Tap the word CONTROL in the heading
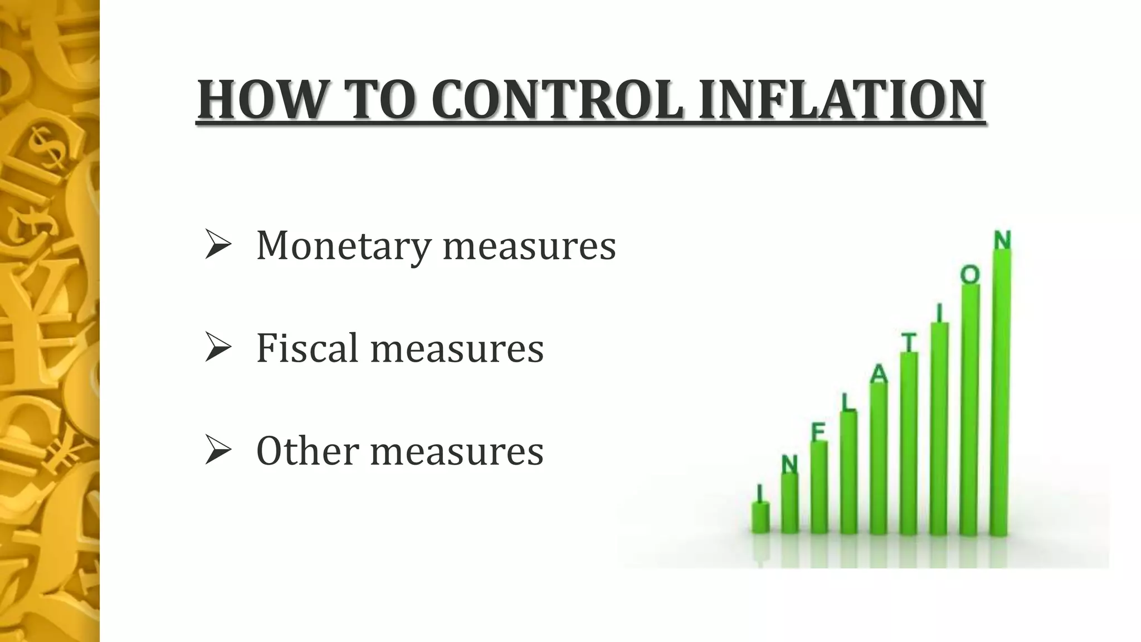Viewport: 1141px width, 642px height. click(557, 100)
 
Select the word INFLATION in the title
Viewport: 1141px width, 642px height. click(841, 100)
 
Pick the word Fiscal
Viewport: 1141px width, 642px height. click(307, 348)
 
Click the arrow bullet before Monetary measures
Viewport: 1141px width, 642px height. click(218, 245)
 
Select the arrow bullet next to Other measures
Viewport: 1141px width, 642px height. click(218, 450)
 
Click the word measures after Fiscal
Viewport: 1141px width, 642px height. click(457, 349)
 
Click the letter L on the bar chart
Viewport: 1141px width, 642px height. click(847, 402)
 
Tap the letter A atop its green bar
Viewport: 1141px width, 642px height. click(879, 374)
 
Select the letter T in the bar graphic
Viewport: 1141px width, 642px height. click(909, 342)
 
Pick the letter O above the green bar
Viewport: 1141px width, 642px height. click(970, 275)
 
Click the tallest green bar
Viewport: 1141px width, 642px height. click(1001, 390)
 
